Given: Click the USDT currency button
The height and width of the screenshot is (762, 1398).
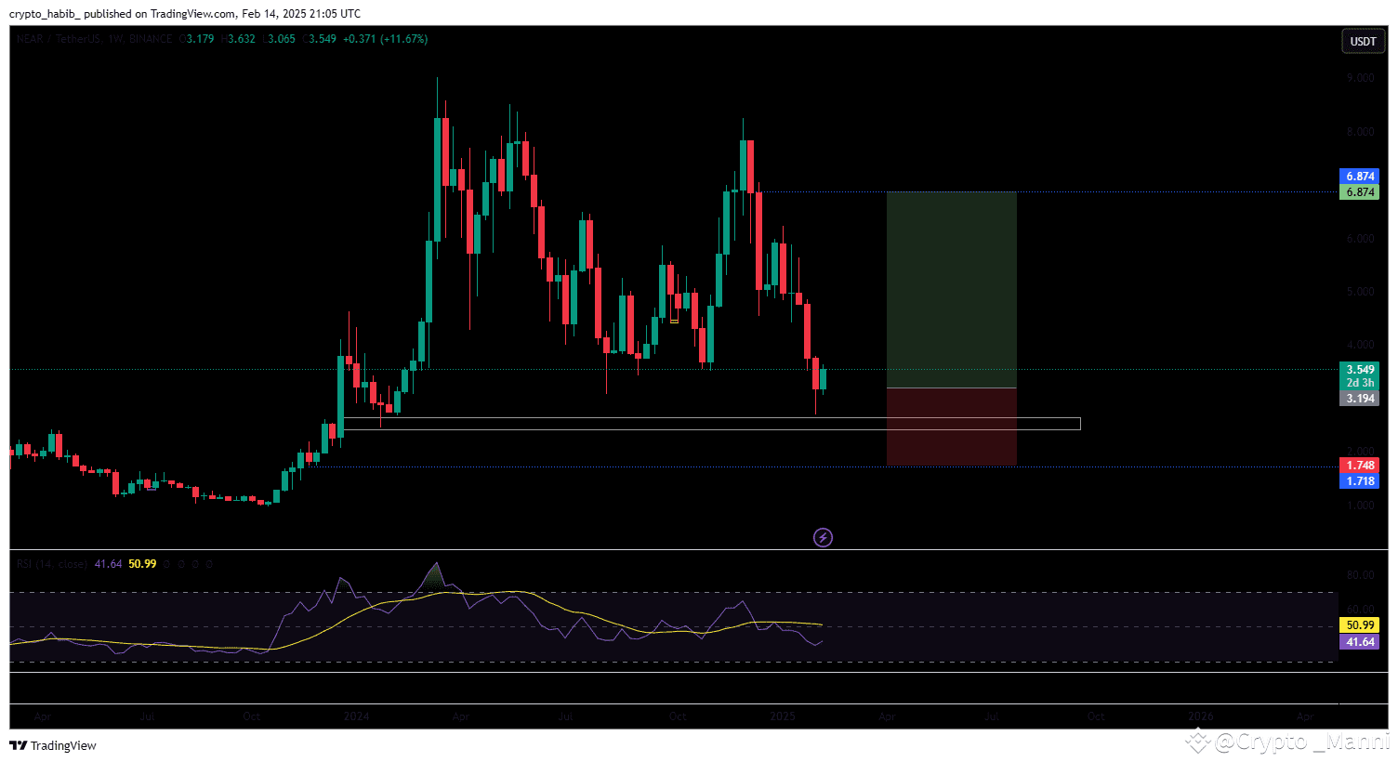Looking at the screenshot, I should pos(1363,41).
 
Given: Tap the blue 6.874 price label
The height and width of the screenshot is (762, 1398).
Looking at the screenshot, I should pos(1360,177).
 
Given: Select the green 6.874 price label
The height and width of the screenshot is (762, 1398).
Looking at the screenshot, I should pos(1360,192).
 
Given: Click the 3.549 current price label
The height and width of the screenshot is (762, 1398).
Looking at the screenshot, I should pos(1360,370).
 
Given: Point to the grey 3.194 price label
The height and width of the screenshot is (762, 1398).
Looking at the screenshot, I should pos(1360,399).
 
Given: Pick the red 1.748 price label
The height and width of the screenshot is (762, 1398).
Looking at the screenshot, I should pos(1360,466).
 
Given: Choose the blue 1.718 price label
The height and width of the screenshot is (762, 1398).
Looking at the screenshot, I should pos(1360,481).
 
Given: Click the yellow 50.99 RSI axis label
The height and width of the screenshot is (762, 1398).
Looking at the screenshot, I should pos(1360,625).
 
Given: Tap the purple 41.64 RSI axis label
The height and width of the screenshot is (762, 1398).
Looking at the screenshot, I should pos(1360,642).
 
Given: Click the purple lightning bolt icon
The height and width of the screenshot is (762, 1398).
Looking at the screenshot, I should pos(823,537).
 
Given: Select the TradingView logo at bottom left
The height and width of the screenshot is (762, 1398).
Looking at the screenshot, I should pos(53,745).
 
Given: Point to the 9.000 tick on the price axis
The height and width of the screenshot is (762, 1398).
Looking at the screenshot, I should pos(1360,78).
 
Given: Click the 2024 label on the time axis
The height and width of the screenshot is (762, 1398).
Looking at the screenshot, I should pos(356,716).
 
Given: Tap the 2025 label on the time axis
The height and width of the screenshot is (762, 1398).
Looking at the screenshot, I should pos(783,716).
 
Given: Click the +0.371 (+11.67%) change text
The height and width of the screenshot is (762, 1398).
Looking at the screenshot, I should pos(385,39).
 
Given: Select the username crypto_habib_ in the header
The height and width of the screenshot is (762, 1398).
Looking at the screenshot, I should pos(45,14).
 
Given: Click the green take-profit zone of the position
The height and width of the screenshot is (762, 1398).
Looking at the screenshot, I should pos(951,289).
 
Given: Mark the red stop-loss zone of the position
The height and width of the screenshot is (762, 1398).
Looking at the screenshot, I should pos(951,427).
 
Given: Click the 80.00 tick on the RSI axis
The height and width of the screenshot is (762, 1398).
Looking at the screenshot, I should pos(1360,575).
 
